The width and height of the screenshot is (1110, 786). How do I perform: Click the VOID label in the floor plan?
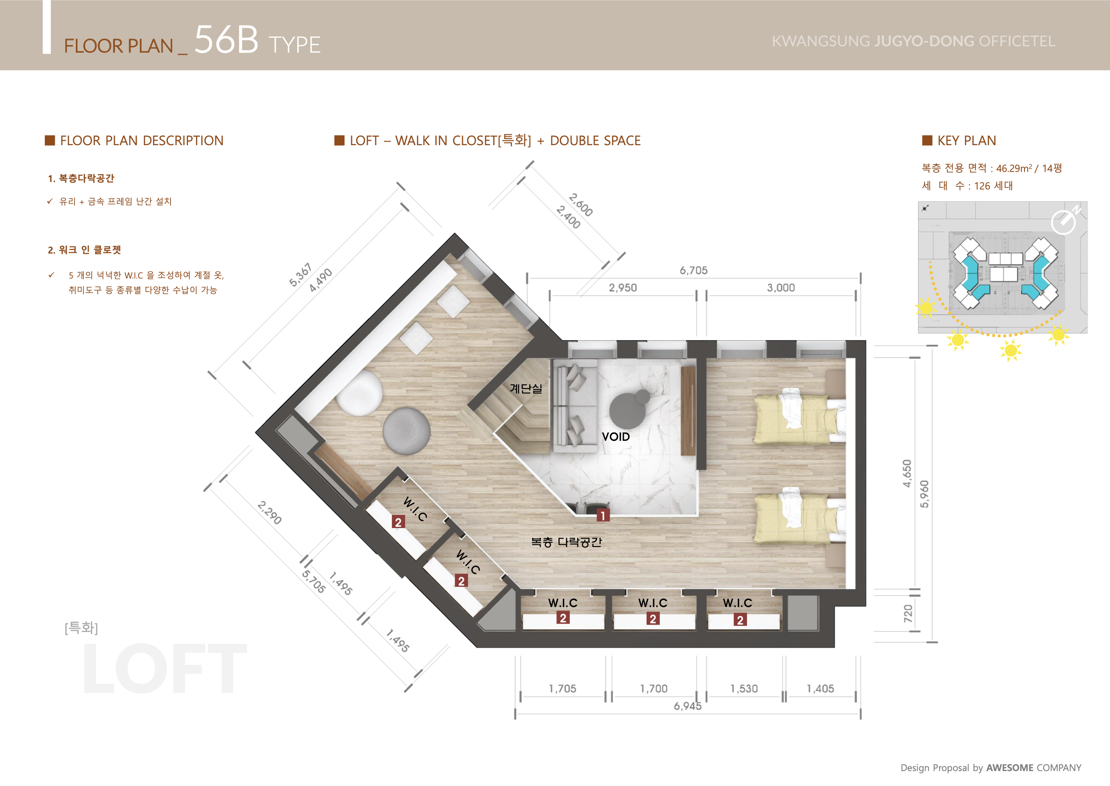[x=615, y=436]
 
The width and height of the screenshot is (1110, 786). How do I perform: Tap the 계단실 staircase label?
[x=526, y=389]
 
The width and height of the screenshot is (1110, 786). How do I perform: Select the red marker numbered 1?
[x=603, y=515]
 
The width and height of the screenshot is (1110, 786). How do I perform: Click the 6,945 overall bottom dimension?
[x=687, y=706]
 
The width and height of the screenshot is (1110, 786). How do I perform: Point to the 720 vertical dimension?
[x=908, y=613]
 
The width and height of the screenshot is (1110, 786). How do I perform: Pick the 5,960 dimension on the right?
[x=924, y=494]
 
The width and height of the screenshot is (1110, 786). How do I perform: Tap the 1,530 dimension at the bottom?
[x=744, y=689]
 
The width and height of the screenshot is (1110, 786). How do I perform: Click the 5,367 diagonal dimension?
[x=300, y=275]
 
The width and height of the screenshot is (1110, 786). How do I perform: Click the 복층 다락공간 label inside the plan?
[x=566, y=542]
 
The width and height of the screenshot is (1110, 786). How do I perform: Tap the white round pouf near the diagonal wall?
[x=359, y=393]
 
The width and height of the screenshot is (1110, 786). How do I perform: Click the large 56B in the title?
[x=226, y=39]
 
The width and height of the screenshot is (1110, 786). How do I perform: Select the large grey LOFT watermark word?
[x=165, y=668]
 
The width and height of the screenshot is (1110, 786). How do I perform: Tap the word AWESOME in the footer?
[x=1010, y=768]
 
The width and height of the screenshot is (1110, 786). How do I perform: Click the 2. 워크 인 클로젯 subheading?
[x=84, y=250]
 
